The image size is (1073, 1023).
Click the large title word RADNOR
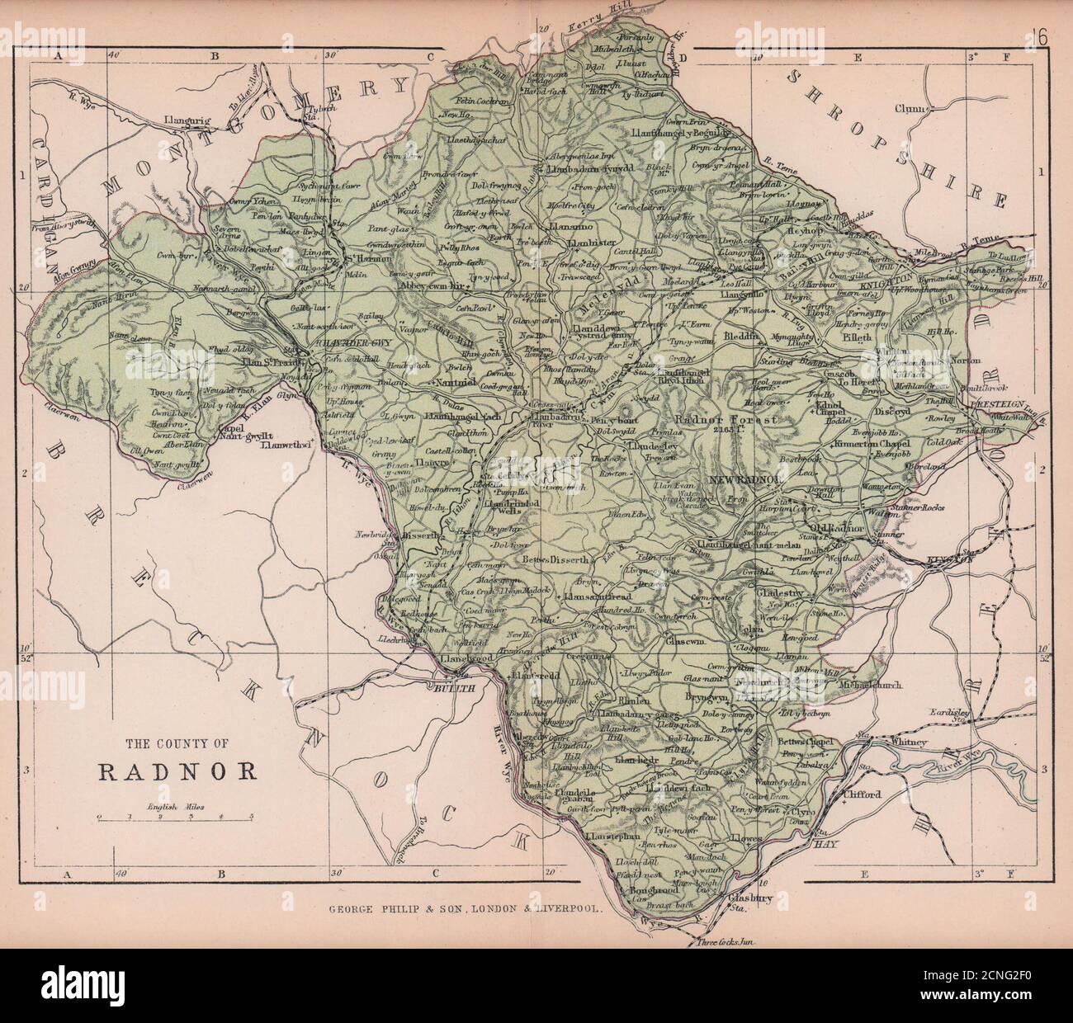(x=177, y=772)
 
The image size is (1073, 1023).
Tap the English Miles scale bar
(x=175, y=818)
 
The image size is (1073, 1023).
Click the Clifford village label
(x=863, y=795)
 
